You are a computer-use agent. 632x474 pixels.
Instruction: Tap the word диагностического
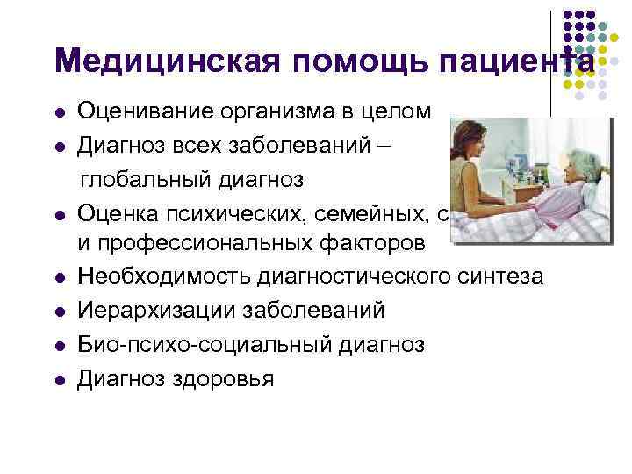coord(353,277)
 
